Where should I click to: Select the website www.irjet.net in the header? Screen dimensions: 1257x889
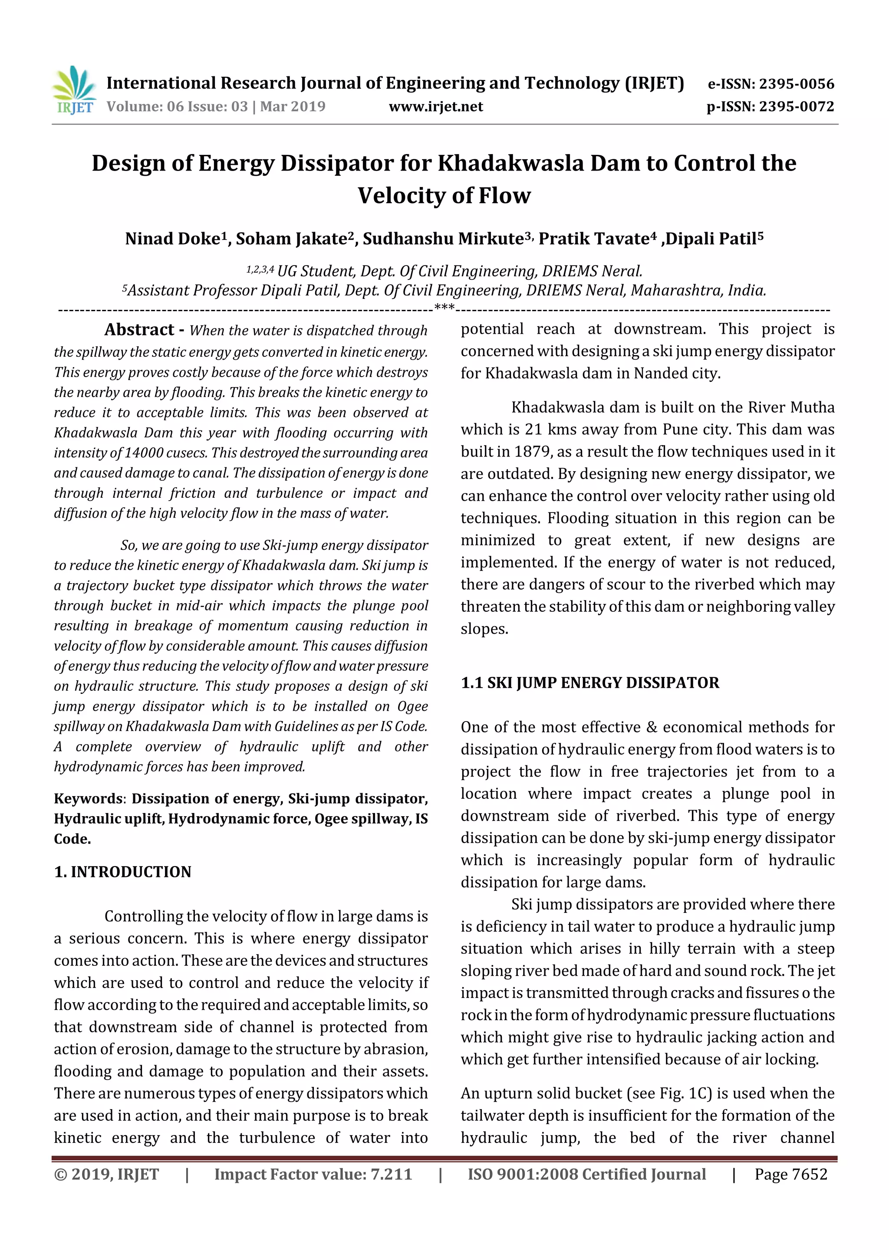click(x=435, y=106)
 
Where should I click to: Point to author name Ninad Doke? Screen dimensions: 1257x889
click(x=172, y=239)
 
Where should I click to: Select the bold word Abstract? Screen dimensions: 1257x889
click(x=139, y=330)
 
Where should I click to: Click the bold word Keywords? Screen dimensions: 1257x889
click(x=88, y=798)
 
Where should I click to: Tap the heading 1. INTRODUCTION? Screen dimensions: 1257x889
click(x=123, y=872)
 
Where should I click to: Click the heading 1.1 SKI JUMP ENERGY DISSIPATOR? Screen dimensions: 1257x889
click(x=590, y=683)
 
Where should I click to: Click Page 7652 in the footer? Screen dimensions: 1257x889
click(x=790, y=1174)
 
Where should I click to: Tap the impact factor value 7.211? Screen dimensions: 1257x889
click(x=391, y=1174)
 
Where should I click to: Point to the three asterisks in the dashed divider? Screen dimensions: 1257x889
click(x=444, y=308)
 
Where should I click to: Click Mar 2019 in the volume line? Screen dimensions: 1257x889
click(x=293, y=106)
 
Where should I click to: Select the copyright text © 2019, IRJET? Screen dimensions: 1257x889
click(x=106, y=1174)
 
